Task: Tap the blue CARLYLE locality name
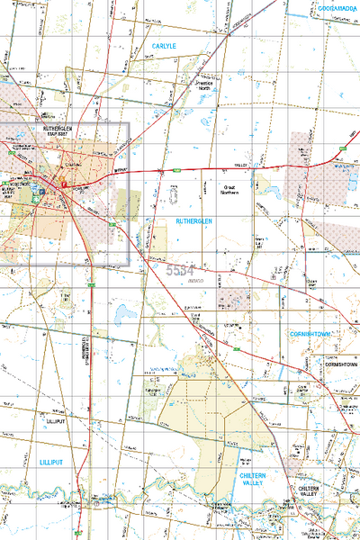(x=166, y=44)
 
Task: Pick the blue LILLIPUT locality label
(x=53, y=461)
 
